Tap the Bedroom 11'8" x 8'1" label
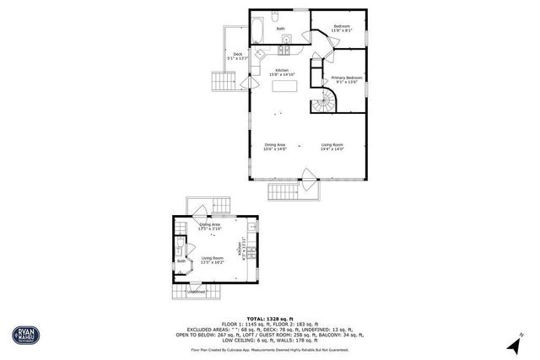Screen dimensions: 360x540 342,29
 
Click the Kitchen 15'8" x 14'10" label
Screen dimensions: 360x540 282,73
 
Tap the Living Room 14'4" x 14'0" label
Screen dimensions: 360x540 332,147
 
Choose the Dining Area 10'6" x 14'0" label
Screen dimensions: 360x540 275,147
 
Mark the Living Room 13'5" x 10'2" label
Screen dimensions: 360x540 212,260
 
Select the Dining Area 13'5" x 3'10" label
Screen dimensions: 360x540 209,227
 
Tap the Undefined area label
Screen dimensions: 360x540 196,292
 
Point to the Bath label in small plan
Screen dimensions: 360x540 181,261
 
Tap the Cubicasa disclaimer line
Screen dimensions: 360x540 270,348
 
